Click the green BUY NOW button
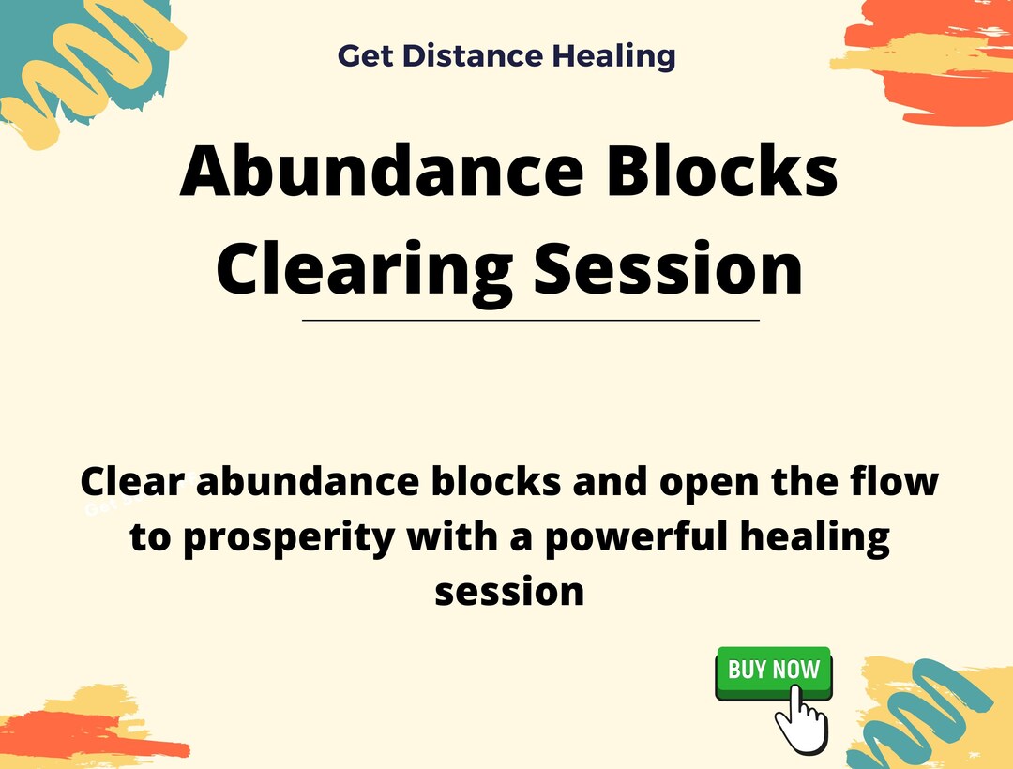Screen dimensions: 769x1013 click(773, 670)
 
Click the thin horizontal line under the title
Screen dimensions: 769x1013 click(530, 321)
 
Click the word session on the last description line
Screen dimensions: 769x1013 click(509, 592)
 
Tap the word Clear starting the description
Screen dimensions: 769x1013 click(132, 482)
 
